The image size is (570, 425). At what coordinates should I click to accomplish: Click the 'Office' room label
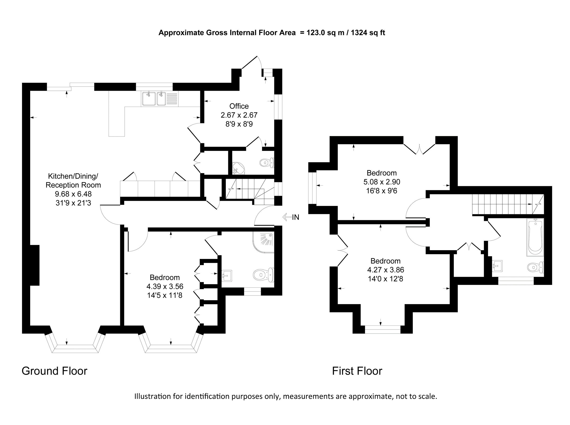click(239, 106)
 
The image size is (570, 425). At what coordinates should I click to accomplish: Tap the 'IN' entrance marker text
click(295, 217)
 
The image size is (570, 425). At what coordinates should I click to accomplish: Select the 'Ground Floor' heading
click(55, 371)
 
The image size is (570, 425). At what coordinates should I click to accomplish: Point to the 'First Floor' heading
click(357, 371)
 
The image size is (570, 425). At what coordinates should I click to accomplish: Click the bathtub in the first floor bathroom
click(535, 237)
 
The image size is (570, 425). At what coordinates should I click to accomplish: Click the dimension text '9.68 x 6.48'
click(74, 194)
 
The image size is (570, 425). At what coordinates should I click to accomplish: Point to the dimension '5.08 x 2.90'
click(382, 182)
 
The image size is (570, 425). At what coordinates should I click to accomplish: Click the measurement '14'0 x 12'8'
click(385, 279)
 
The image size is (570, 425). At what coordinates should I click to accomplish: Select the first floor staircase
click(508, 204)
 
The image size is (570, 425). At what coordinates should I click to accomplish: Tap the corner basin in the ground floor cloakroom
click(238, 168)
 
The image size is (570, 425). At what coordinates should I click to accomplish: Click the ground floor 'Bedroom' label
click(165, 277)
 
